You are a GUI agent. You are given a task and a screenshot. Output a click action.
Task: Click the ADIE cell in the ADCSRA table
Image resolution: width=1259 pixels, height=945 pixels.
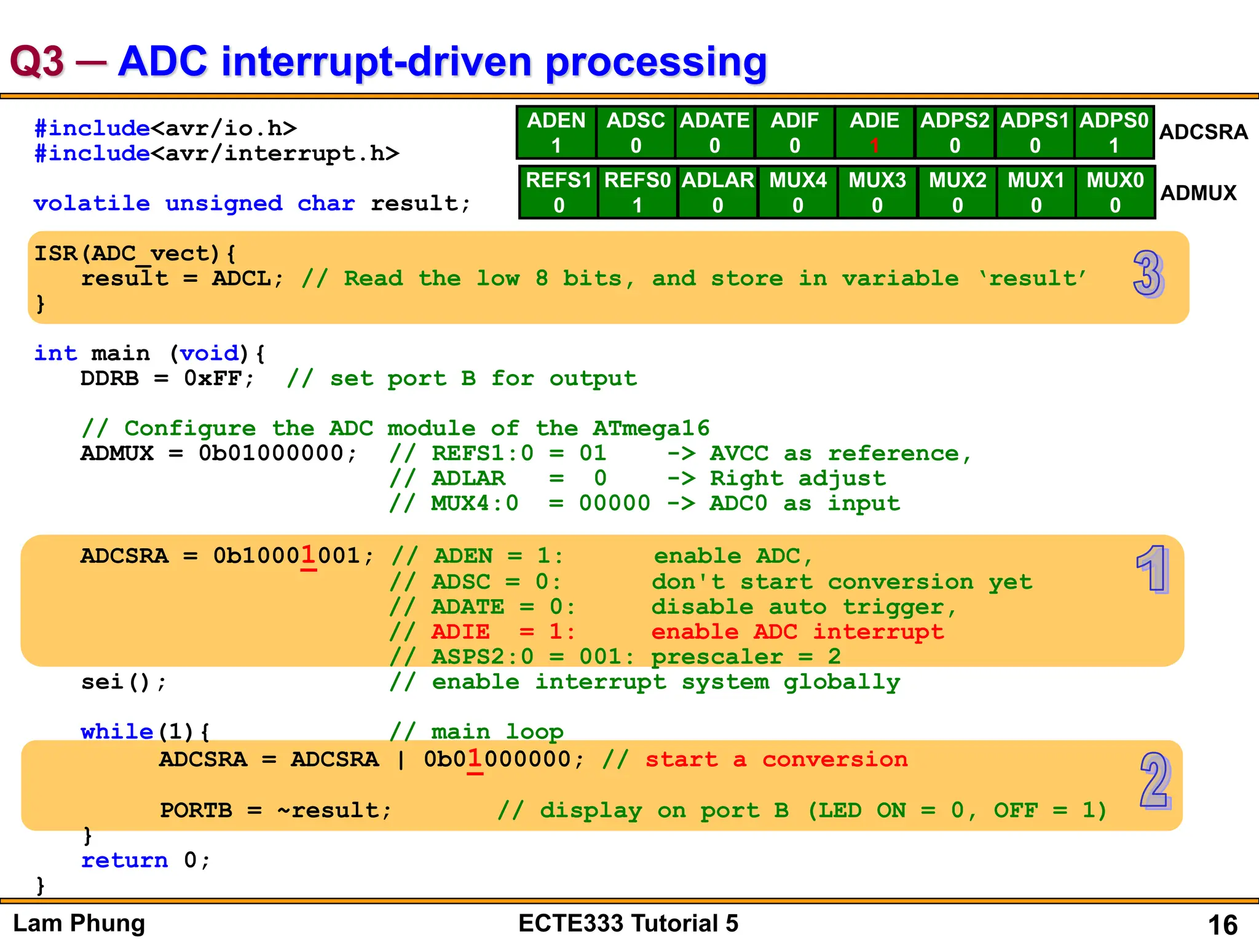click(874, 132)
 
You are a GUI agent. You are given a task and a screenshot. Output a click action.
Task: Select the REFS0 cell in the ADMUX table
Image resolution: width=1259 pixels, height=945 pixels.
click(637, 192)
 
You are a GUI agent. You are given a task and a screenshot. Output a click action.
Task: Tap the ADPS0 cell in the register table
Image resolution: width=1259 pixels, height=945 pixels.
click(1114, 132)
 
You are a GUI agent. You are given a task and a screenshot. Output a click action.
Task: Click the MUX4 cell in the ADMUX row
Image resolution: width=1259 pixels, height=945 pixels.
click(797, 192)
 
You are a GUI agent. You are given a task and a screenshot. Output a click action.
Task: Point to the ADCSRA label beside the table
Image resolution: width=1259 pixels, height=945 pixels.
click(1203, 132)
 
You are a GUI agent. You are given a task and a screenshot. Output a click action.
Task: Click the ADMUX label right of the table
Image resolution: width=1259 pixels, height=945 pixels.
click(1198, 193)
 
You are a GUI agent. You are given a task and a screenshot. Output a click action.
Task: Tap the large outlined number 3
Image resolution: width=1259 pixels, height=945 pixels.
click(1148, 274)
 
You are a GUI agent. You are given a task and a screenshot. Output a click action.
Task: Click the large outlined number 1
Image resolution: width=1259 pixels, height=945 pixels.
click(1152, 569)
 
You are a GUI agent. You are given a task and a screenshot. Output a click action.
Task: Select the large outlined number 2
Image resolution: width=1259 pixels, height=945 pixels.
click(1155, 780)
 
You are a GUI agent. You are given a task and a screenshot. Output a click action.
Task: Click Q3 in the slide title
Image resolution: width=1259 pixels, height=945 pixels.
click(37, 62)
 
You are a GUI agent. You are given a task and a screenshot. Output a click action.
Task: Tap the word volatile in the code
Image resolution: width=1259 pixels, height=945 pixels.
click(92, 204)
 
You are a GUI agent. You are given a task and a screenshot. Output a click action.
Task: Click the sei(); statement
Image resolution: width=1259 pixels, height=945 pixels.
click(124, 682)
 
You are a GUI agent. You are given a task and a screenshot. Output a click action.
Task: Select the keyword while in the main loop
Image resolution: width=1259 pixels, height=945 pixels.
click(117, 732)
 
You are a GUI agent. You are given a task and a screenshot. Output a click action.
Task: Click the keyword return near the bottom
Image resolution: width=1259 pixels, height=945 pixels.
click(124, 861)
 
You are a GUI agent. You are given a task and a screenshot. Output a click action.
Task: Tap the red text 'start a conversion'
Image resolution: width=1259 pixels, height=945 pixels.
click(776, 760)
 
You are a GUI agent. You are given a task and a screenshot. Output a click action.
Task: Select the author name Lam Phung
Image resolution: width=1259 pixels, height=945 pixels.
click(79, 923)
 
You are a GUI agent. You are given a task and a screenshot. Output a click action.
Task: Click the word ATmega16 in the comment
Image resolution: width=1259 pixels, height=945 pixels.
click(650, 428)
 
